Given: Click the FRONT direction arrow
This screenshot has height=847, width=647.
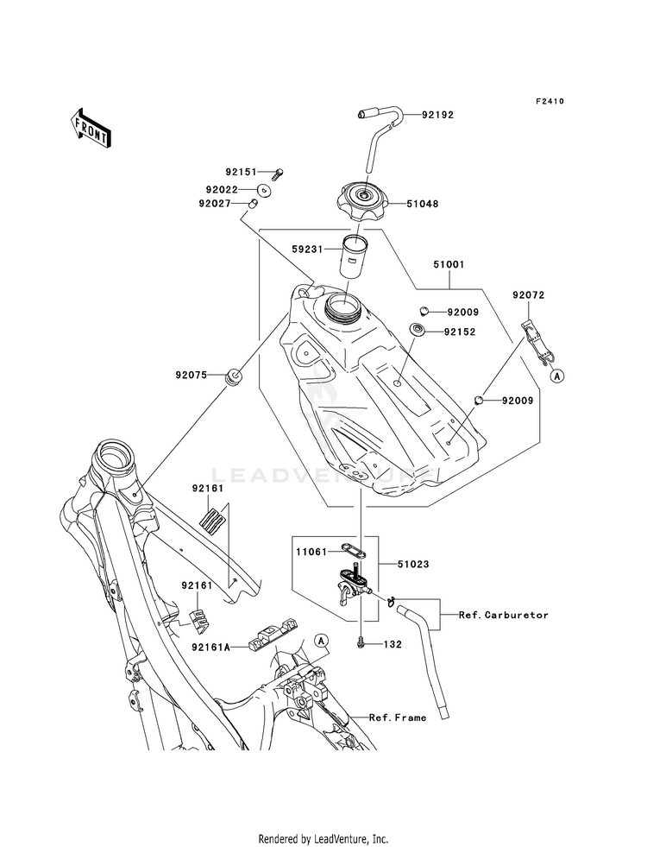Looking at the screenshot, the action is [x=91, y=127].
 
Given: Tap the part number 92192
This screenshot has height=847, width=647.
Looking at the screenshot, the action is [x=437, y=115].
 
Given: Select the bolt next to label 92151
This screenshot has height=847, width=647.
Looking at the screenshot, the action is [x=278, y=174].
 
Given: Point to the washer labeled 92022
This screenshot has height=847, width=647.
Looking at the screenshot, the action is [x=264, y=190].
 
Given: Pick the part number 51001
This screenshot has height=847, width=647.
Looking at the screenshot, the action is [x=449, y=265].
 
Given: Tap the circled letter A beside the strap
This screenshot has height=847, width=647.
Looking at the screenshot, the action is [x=557, y=376].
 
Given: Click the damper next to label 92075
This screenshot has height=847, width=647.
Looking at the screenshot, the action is [x=234, y=376].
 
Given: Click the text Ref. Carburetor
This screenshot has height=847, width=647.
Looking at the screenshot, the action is [x=504, y=615].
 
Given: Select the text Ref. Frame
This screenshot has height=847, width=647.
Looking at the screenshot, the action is [x=398, y=717].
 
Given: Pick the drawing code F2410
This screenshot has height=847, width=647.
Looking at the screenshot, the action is [x=550, y=101].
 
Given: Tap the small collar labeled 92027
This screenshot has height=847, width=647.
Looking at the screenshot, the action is [x=252, y=204].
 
